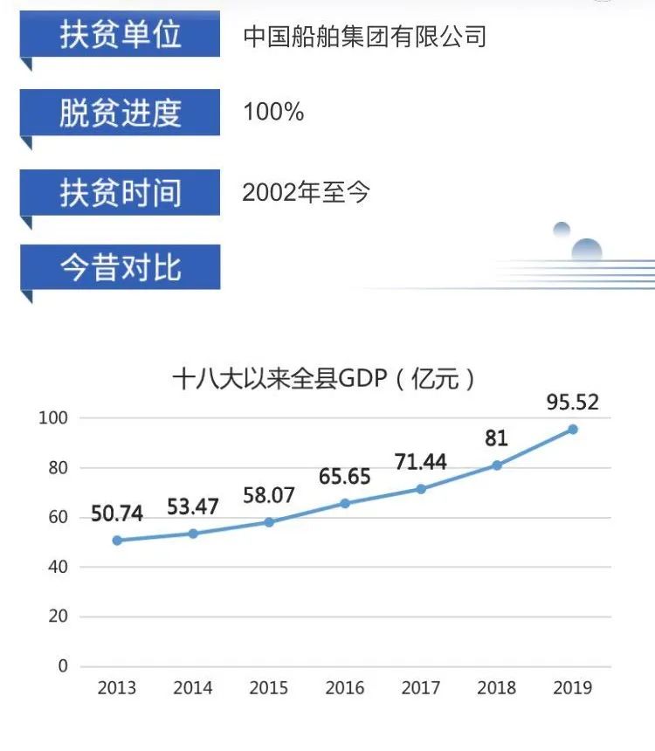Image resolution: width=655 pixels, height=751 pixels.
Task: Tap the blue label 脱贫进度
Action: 121,113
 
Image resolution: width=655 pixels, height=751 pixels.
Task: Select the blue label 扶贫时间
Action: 121,191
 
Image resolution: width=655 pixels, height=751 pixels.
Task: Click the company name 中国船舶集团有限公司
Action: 364,37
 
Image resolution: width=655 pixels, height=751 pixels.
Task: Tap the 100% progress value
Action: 273,113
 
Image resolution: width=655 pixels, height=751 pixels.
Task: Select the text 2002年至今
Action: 307,192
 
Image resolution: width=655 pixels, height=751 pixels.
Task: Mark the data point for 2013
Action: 117,541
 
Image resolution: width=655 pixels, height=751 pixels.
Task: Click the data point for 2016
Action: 345,504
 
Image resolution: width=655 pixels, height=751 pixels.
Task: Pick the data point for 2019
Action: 573,429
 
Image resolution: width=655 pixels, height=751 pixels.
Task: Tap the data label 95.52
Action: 572,403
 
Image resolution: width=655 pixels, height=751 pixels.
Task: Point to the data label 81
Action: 496,438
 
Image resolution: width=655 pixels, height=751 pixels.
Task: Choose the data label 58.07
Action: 268,495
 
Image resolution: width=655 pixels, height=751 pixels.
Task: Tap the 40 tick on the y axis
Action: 57,567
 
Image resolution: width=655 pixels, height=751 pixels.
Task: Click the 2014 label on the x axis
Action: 193,688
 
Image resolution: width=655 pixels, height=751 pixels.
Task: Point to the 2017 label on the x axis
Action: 420,688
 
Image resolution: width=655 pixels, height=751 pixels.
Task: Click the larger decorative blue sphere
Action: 587,251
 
